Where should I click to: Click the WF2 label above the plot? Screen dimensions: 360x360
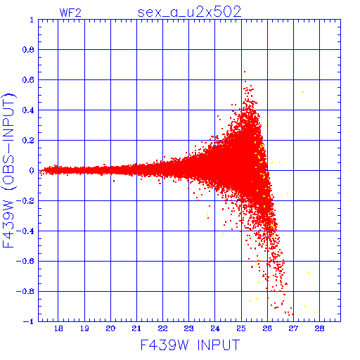click(x=70, y=13)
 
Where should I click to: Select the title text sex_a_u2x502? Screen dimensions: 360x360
click(x=189, y=13)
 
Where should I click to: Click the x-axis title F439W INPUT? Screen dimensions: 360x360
click(x=190, y=345)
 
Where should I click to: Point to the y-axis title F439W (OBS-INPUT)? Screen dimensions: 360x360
click(x=9, y=170)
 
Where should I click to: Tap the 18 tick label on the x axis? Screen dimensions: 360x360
click(x=58, y=328)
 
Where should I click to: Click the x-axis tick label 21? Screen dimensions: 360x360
click(x=136, y=328)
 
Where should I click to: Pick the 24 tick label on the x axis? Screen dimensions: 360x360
click(x=215, y=328)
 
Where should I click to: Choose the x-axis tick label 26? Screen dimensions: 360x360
click(x=267, y=328)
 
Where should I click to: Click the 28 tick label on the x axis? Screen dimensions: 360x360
click(x=319, y=328)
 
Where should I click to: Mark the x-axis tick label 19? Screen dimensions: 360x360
click(x=84, y=328)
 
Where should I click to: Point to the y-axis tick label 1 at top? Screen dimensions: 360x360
click(x=32, y=20)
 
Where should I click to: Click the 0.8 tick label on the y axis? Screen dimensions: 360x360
click(x=28, y=50)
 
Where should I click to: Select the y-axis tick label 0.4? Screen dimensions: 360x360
click(x=28, y=110)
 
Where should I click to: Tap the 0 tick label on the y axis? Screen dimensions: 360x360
click(x=32, y=171)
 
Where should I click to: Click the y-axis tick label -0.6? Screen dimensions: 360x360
click(x=25, y=261)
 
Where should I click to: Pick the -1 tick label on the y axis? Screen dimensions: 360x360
click(x=29, y=321)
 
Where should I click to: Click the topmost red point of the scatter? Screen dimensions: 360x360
click(x=245, y=72)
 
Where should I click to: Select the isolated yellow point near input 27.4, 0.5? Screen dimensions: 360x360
click(x=302, y=92)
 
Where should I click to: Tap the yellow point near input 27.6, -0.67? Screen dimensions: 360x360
click(x=309, y=272)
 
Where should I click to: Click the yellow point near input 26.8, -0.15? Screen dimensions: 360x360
click(x=288, y=193)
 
